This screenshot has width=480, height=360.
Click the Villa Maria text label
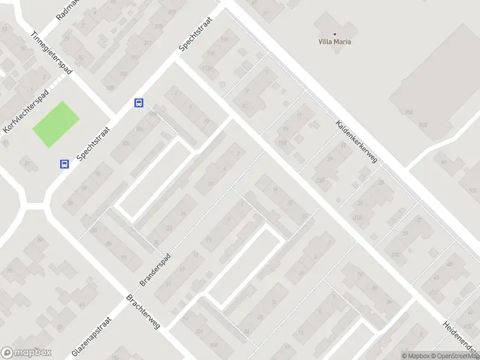pos(334,42)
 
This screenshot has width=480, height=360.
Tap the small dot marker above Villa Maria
pos(334,34)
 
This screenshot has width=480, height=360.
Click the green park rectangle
pos(55,124)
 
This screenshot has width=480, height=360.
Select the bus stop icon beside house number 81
pos(64,164)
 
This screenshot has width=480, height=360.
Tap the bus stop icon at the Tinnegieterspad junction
pos(139,103)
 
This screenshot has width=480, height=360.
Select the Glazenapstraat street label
pos(92,337)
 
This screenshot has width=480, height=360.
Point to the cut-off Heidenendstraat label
pos(460,339)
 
